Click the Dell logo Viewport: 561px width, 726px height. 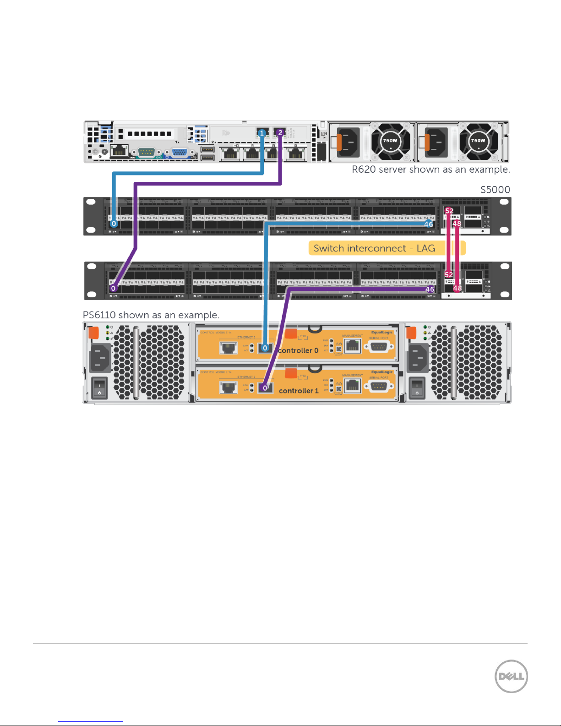511,676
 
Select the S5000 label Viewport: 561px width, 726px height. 495,190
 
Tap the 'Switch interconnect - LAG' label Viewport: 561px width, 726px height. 374,248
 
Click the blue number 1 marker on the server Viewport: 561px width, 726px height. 262,133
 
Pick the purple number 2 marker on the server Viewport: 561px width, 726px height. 280,133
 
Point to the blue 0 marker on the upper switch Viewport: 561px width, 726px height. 114,224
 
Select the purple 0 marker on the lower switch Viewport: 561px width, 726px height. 114,288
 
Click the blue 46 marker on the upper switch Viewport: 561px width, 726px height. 428,224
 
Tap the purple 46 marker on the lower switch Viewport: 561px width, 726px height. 430,289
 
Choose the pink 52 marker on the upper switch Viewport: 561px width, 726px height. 449,211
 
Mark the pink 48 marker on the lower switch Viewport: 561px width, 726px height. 457,288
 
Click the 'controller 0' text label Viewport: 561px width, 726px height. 298,350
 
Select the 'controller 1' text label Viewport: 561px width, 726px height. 299,391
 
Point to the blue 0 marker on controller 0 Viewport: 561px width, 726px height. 265,348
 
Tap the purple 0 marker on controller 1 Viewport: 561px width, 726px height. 265,388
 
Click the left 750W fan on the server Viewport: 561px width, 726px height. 390,141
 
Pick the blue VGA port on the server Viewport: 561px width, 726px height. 180,152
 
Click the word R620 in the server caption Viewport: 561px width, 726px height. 364,169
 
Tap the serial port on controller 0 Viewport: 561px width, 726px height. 378,347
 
